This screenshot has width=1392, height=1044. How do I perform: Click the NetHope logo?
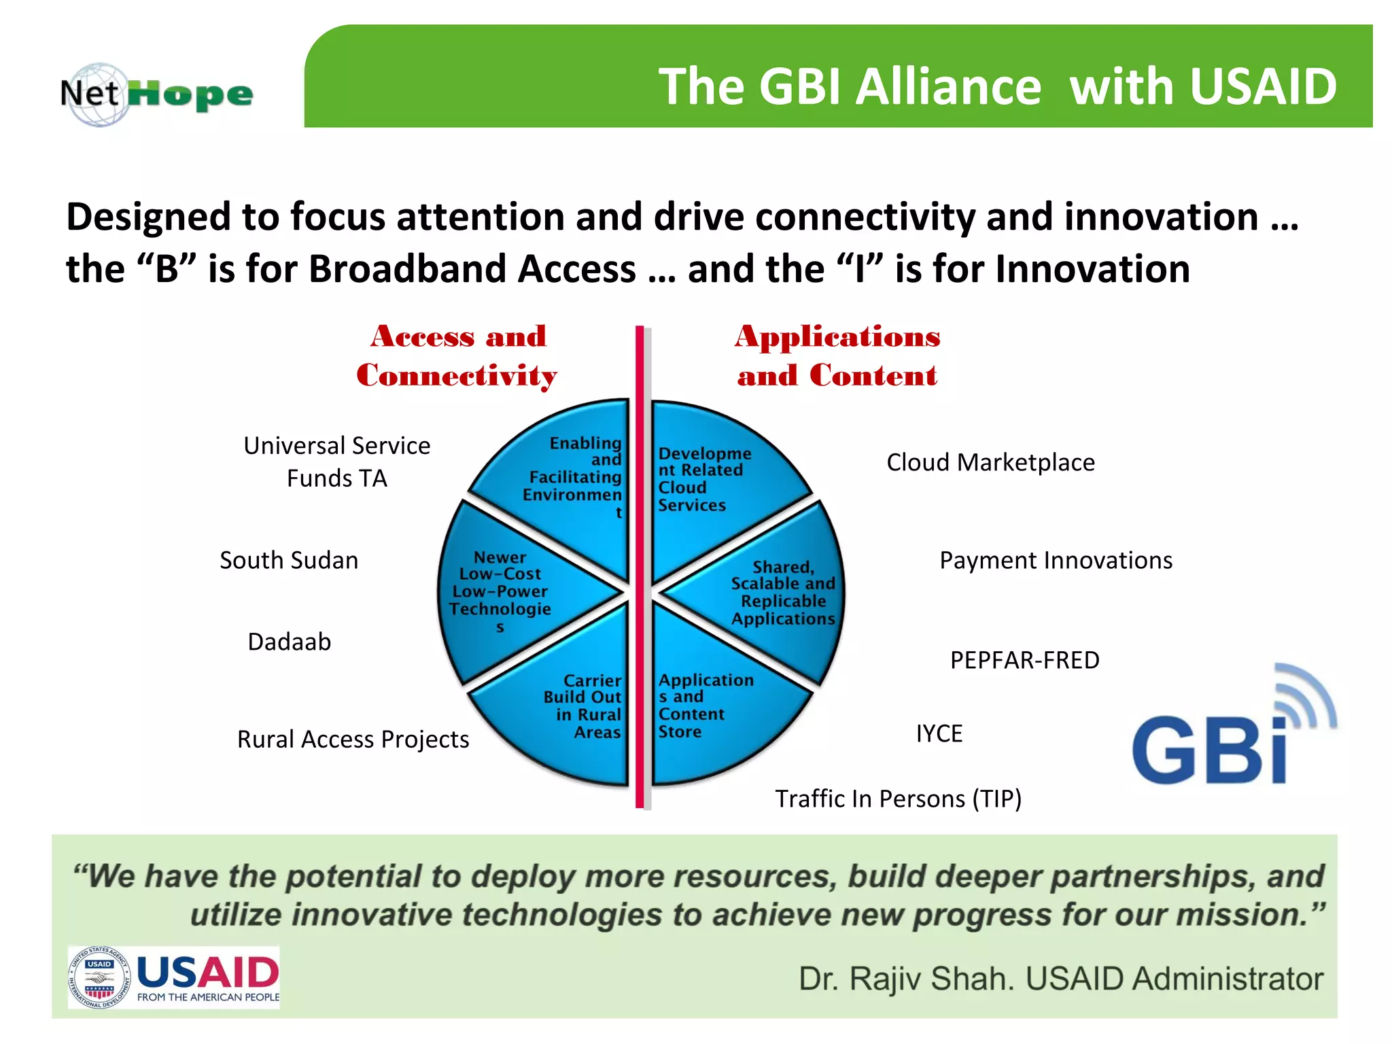coord(156,94)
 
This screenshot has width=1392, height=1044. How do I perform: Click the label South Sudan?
coord(289,560)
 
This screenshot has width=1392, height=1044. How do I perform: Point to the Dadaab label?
coord(289,642)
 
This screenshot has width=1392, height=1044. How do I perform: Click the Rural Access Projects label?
coord(353,739)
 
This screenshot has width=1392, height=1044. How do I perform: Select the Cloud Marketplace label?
coord(990,462)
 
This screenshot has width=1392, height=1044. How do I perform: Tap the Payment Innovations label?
coord(1056,560)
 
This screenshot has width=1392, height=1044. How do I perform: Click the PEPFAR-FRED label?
coord(1024,660)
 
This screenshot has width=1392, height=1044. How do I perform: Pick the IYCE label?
coord(939,733)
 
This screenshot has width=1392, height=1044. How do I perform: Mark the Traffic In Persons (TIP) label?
coord(898,799)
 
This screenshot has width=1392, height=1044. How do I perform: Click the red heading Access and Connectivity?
coord(457,355)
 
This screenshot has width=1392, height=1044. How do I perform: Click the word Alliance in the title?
coord(947,87)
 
